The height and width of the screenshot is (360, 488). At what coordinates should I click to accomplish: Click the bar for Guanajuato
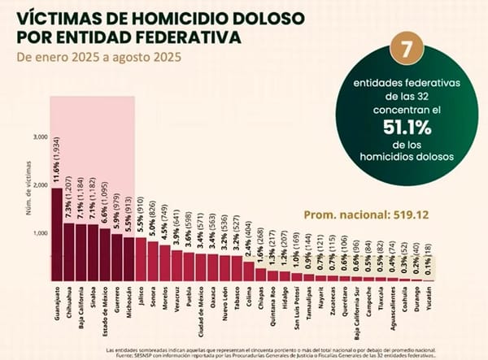click(56, 235)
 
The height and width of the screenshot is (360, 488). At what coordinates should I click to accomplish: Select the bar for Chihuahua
click(68, 252)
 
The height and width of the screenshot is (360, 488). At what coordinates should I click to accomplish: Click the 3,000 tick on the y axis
click(40, 137)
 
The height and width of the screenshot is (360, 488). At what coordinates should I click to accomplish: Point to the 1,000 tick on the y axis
click(40, 233)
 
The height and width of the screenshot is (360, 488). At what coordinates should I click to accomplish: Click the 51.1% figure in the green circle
click(399, 126)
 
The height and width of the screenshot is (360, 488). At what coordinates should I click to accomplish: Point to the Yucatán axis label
click(429, 301)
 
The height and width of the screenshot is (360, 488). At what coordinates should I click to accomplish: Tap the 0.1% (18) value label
click(429, 265)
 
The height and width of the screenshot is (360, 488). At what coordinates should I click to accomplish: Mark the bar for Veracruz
click(176, 264)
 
